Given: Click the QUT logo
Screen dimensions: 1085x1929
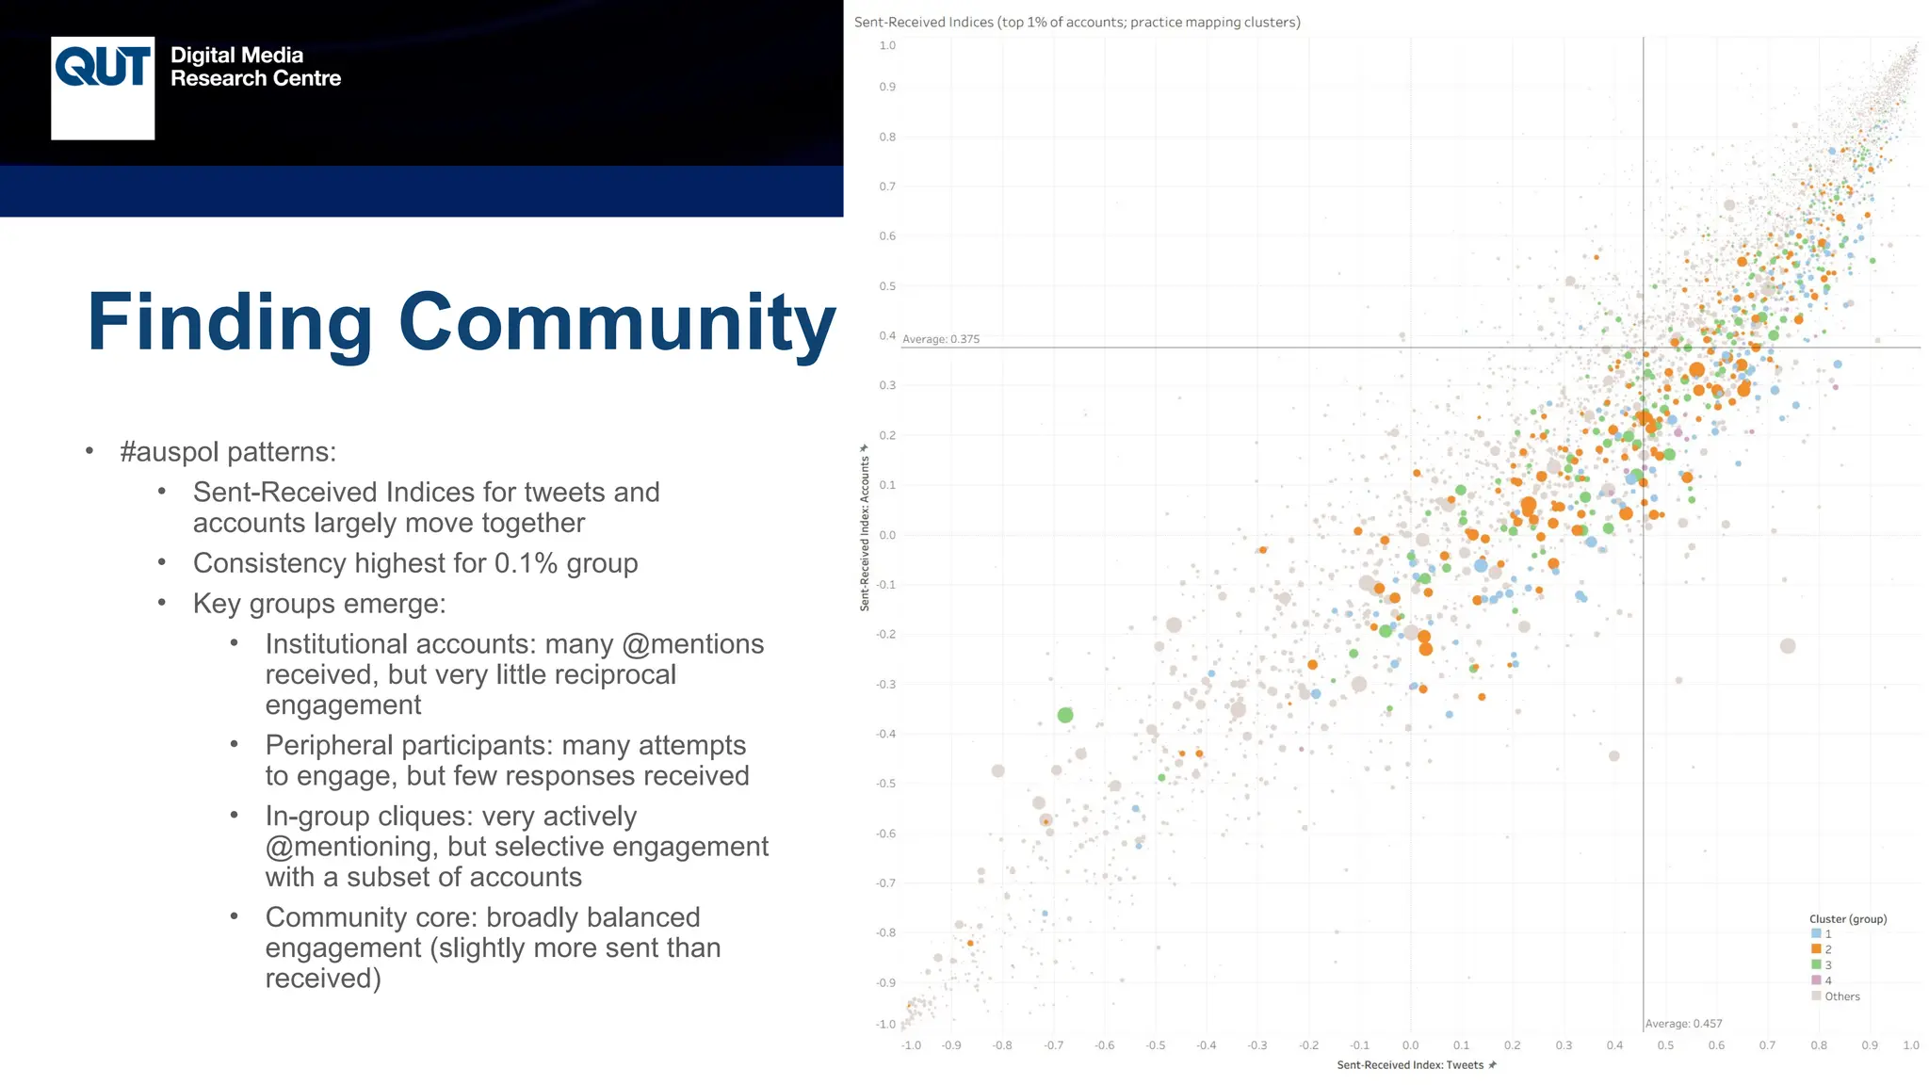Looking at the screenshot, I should point(103,88).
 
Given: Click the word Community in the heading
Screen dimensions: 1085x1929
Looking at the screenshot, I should point(617,322).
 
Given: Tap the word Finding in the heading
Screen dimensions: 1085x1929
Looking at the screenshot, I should point(230,322).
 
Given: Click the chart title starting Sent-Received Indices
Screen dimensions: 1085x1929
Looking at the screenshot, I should point(1077,22).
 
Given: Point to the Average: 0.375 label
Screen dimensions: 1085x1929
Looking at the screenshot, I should point(941,339).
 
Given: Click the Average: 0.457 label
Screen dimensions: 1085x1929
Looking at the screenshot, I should point(1683,1023).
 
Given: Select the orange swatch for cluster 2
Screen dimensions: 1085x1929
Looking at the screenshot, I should point(1816,949).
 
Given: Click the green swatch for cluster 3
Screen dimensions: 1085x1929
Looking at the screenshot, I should point(1816,964).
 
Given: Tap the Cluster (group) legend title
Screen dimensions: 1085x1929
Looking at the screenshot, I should point(1847,918).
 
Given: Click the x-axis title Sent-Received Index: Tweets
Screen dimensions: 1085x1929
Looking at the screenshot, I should point(1410,1065).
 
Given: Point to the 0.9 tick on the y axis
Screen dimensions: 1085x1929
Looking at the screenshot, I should point(887,87).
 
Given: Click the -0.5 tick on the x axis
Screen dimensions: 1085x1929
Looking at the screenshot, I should point(1155,1045).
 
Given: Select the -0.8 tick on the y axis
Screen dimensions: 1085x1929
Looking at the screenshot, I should point(885,932).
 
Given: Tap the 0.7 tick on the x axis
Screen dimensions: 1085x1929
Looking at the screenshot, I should point(1767,1045).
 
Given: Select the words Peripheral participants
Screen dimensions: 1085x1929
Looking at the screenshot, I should point(396,745).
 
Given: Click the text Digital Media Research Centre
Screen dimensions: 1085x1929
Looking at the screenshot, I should point(255,67).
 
